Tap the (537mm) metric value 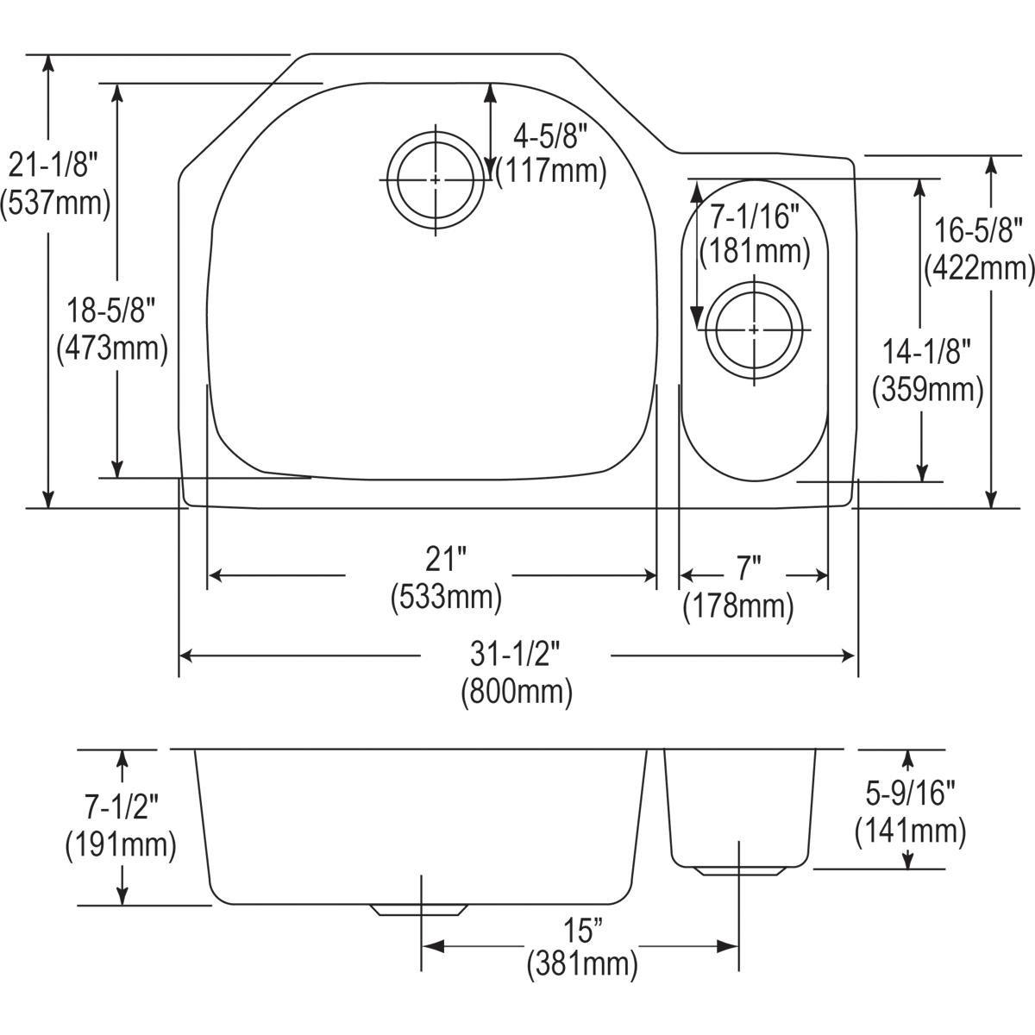coord(55,204)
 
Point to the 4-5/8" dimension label coord(550,135)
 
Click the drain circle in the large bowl coord(436,179)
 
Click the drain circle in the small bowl coord(754,329)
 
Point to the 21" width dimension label coord(444,561)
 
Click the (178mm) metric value coord(737,607)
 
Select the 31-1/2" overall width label coord(516,655)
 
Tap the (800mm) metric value coord(516,692)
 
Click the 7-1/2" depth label coord(121,807)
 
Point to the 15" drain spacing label coord(582,931)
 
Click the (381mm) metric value coord(582,963)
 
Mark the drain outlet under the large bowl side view coord(419,910)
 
